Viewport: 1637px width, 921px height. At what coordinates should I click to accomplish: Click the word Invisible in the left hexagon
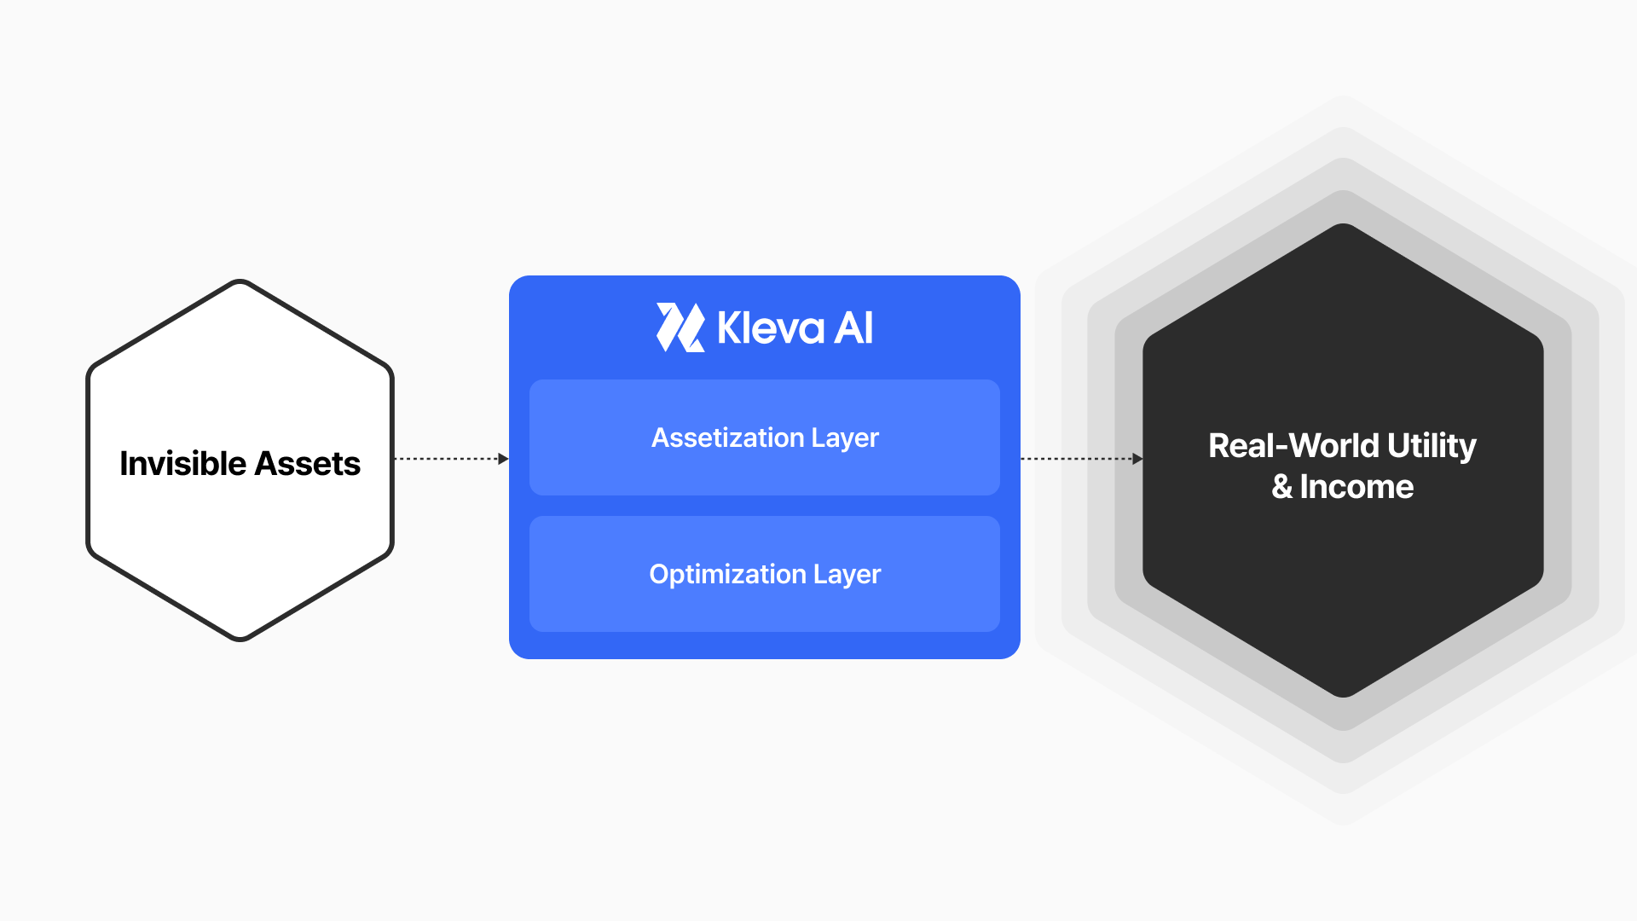tap(182, 464)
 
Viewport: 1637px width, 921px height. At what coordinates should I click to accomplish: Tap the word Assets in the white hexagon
tap(307, 464)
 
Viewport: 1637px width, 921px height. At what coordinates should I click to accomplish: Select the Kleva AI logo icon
tap(680, 327)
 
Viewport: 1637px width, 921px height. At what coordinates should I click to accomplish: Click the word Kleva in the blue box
tap(771, 327)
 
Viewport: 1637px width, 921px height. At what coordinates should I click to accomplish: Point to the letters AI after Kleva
tap(853, 327)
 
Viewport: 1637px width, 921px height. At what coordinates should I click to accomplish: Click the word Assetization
tap(727, 437)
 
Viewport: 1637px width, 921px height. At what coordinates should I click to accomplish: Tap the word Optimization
tap(727, 574)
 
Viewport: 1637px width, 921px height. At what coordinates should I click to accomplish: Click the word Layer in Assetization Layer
tap(844, 437)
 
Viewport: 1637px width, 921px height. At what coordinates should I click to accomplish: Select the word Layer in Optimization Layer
tap(847, 574)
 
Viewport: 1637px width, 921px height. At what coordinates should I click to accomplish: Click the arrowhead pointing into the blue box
tap(503, 459)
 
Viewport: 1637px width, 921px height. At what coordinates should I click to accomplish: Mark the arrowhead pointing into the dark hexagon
tap(1137, 459)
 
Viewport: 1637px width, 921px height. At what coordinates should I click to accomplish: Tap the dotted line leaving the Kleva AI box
tap(1076, 459)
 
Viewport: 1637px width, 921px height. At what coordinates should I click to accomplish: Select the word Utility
tap(1432, 445)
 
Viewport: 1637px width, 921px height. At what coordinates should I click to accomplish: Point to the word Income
tap(1356, 487)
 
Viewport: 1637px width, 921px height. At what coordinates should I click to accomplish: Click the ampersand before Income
tap(1281, 487)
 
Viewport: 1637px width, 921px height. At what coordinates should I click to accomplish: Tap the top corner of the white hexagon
tap(240, 281)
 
